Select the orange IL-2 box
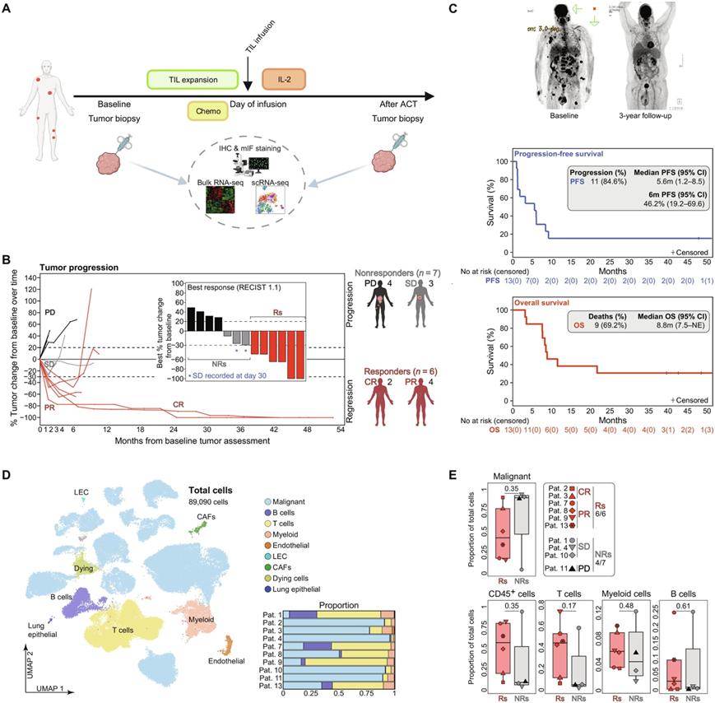[x=283, y=80]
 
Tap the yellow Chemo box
[x=209, y=110]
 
